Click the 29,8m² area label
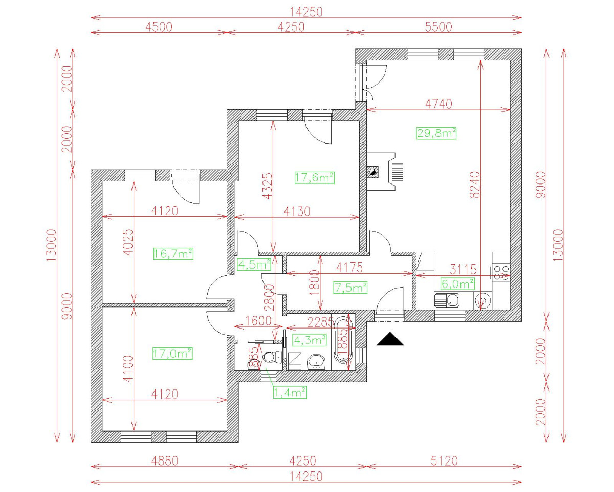436,133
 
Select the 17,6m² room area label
314,177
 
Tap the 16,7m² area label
173,253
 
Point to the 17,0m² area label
172,353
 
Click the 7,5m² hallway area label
350,288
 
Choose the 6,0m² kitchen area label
457,283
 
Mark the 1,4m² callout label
290,393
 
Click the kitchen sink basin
452,299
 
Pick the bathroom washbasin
317,362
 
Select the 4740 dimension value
439,104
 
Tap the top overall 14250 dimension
307,11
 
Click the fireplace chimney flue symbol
373,172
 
